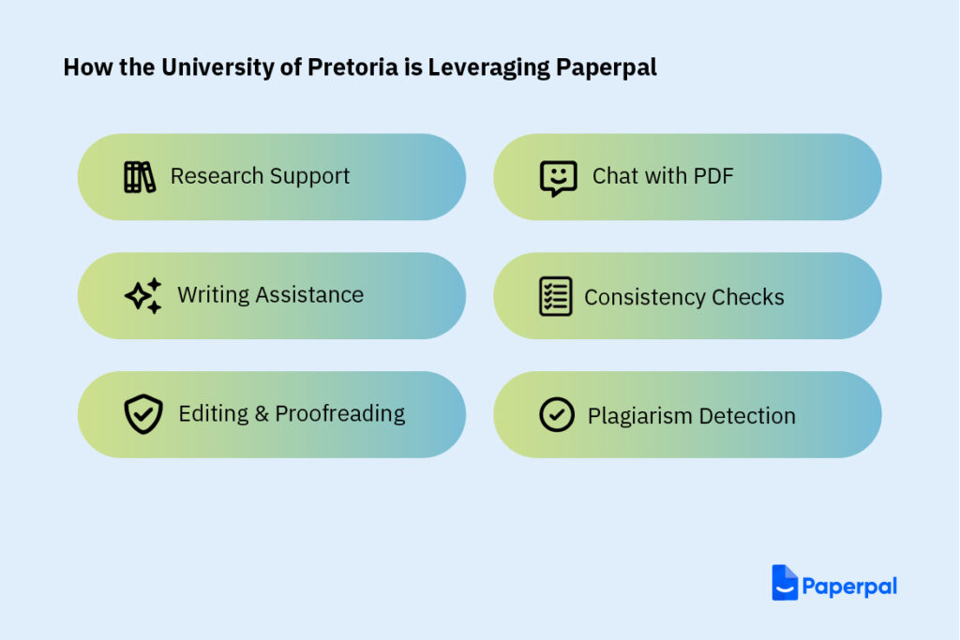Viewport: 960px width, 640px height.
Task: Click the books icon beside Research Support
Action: pyautogui.click(x=140, y=177)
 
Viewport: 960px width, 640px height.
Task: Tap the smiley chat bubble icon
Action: pyautogui.click(x=559, y=178)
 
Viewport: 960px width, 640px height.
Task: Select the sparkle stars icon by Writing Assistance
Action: pyautogui.click(x=143, y=296)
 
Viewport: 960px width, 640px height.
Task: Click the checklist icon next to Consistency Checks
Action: pyautogui.click(x=556, y=296)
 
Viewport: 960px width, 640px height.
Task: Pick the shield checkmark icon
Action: pyautogui.click(x=143, y=414)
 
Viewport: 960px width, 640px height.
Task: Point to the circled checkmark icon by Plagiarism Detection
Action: pyautogui.click(x=557, y=415)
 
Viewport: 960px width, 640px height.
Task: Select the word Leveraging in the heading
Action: pyautogui.click(x=488, y=68)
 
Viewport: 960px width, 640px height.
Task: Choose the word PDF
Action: pyautogui.click(x=713, y=176)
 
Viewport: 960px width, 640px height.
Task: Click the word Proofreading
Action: pyautogui.click(x=339, y=414)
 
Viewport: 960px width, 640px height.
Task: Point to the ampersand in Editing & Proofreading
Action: pyautogui.click(x=262, y=414)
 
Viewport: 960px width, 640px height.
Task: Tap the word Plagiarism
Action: pyautogui.click(x=639, y=417)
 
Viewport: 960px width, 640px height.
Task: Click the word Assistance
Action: pyautogui.click(x=309, y=295)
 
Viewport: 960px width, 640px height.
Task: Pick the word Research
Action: pyautogui.click(x=217, y=176)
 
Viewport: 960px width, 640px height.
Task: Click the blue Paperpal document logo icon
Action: pyautogui.click(x=785, y=583)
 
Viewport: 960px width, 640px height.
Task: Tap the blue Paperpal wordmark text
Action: pyautogui.click(x=849, y=587)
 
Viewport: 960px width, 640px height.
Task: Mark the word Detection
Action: pyautogui.click(x=747, y=417)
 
